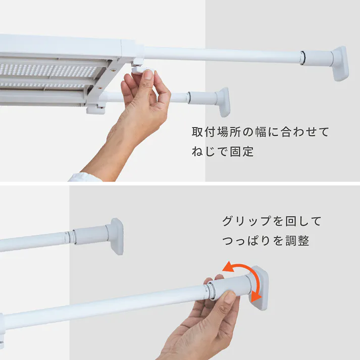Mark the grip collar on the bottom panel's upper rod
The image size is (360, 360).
91,235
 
